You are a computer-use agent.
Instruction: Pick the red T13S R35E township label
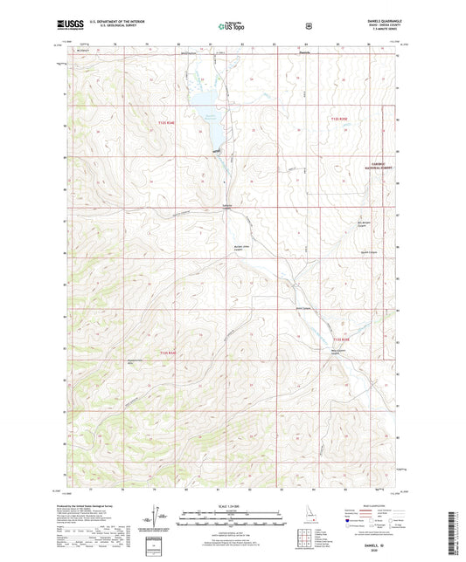pyautogui.click(x=340, y=339)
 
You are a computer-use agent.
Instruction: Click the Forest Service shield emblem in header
pyautogui.click(x=308, y=26)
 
